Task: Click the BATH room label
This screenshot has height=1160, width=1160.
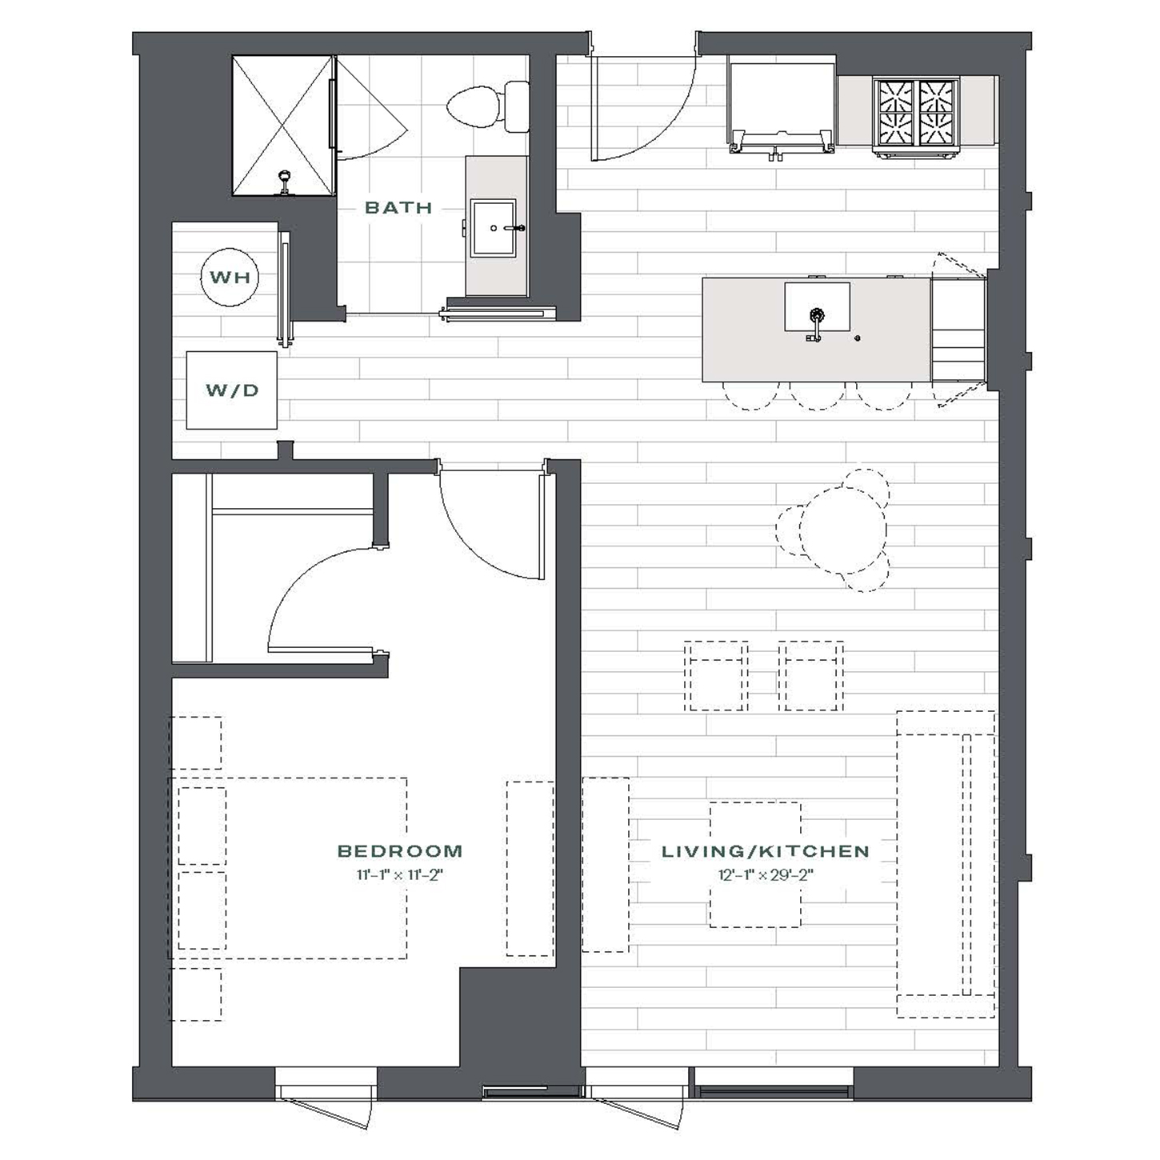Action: tap(398, 208)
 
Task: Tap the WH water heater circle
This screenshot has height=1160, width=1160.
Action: tap(230, 277)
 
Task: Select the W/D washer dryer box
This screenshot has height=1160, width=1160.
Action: tap(232, 390)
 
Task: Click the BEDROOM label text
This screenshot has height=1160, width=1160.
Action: tap(400, 850)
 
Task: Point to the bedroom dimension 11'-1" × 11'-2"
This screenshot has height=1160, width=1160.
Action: tap(400, 874)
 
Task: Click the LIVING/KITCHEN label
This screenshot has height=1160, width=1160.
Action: tap(765, 851)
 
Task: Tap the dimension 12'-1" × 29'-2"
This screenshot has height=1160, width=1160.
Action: tap(766, 874)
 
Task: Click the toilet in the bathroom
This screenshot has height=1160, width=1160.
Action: tap(488, 106)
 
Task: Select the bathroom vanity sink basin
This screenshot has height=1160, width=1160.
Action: tap(494, 228)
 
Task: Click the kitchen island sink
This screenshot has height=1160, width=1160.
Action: tap(817, 307)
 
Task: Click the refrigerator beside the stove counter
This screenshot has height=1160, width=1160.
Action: tap(781, 108)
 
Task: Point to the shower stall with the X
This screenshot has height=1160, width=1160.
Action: tap(282, 126)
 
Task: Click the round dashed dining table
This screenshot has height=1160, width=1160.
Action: tap(842, 530)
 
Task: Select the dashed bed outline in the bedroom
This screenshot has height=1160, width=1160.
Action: tap(288, 867)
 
